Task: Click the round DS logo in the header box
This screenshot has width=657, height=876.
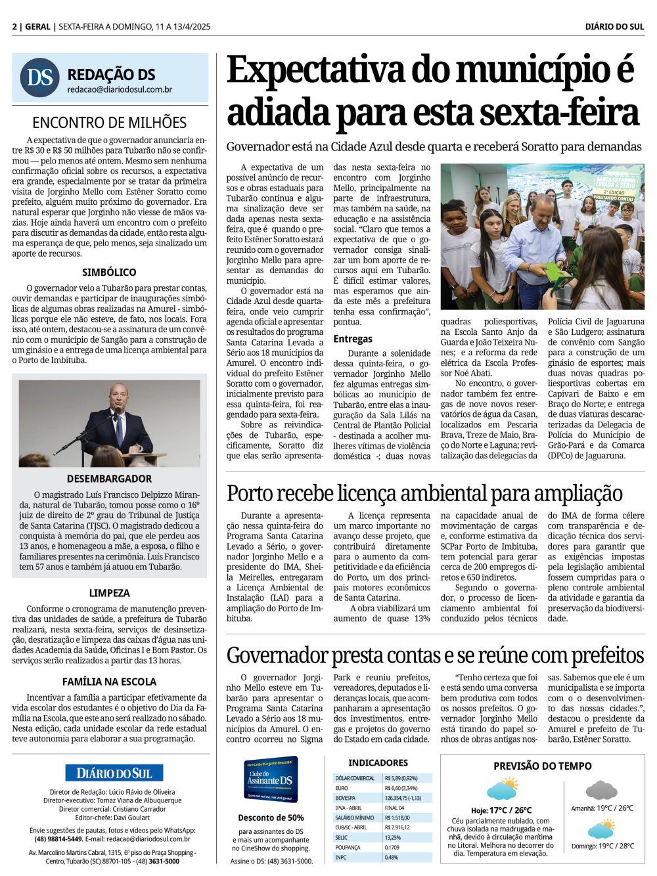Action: [40, 77]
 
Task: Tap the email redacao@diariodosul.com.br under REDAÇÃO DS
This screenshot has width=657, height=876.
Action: [120, 89]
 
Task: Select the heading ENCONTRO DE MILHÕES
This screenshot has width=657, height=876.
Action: [109, 123]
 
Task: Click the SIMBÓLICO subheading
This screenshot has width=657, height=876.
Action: [109, 272]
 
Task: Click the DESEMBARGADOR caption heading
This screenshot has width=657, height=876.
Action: [109, 479]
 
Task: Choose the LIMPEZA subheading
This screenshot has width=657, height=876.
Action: [109, 593]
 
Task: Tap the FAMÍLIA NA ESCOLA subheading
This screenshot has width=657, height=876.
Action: [109, 682]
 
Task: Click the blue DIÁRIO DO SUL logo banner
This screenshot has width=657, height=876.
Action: [114, 773]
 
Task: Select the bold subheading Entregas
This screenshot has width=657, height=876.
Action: [353, 339]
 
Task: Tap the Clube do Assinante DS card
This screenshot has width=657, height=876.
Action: [271, 779]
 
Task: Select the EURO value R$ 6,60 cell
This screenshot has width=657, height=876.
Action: [401, 788]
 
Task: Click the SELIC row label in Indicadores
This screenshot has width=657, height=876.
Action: [342, 837]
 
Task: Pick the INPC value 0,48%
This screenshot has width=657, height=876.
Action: [392, 857]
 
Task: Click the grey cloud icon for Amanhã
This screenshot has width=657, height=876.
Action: [601, 789]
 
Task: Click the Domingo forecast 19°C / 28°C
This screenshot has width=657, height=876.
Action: [602, 846]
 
